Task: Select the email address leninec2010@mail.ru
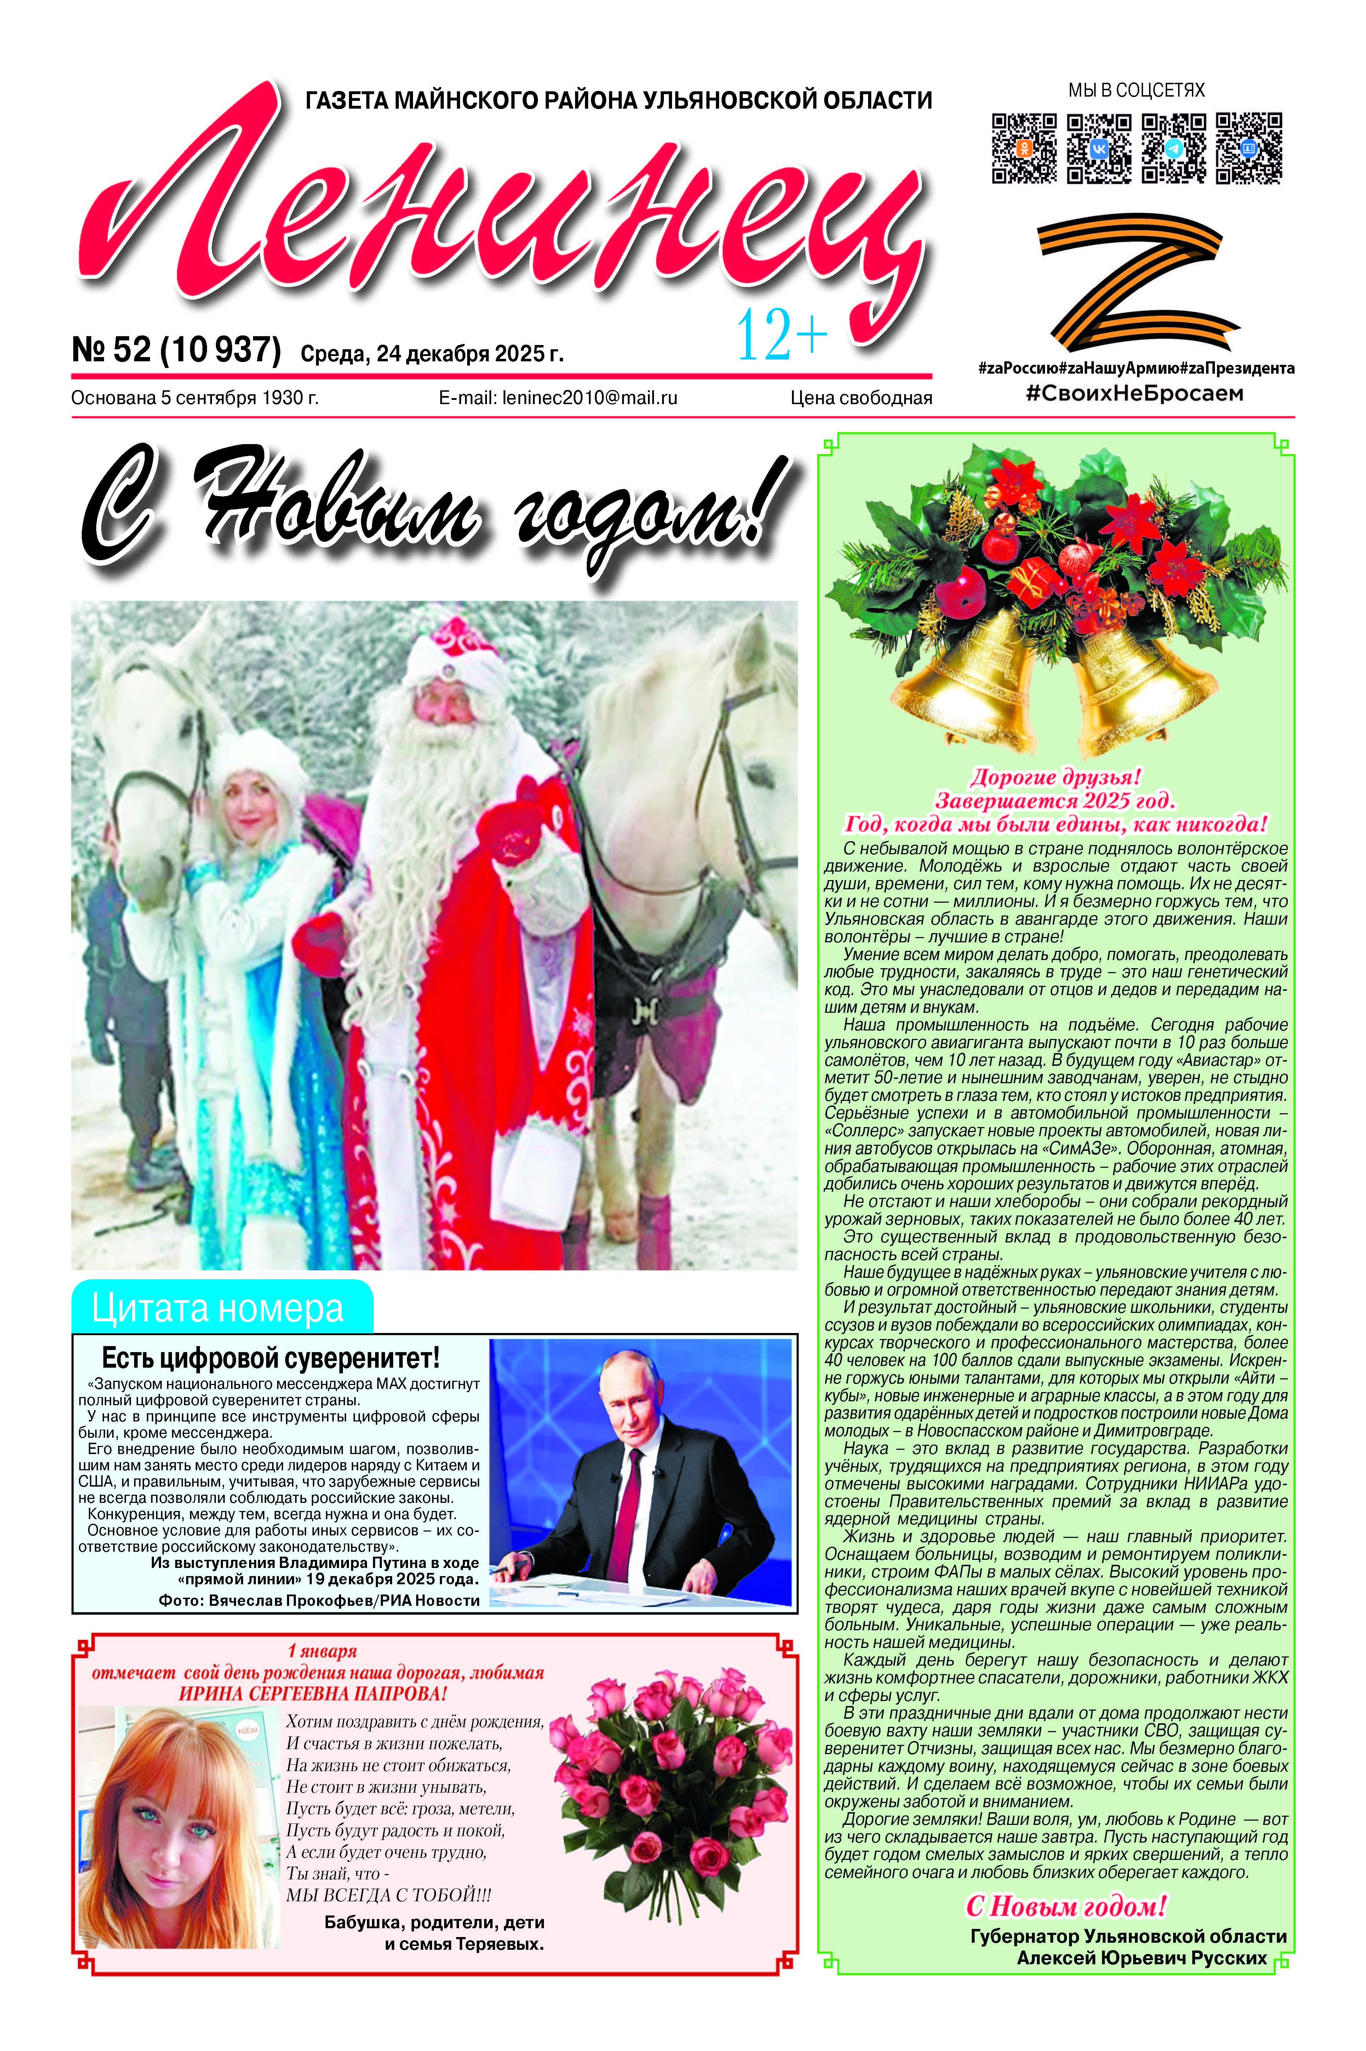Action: coord(558,398)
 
